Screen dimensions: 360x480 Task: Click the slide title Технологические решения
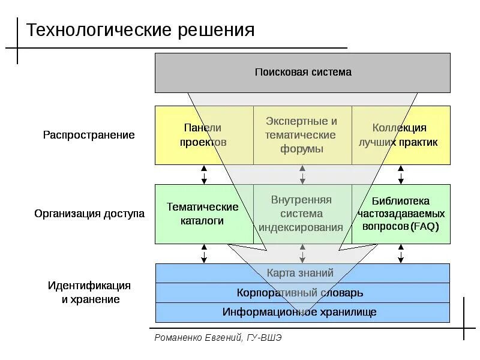140,30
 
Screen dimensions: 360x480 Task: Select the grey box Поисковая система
302,73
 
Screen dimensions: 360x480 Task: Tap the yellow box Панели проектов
203,135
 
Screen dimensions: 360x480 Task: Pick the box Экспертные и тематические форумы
302,135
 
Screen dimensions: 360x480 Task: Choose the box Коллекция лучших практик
400,135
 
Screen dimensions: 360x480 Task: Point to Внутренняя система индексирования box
302,214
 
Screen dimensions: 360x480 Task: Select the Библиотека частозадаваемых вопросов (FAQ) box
401,214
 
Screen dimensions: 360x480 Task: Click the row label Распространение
89,135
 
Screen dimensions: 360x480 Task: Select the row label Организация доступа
89,214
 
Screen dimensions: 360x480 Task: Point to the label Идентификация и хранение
89,292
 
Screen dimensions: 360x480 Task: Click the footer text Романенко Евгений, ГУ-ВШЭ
218,338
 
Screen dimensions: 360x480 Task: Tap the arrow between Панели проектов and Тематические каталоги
204,175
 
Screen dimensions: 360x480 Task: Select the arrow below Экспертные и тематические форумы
302,175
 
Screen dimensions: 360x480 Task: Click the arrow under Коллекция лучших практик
401,175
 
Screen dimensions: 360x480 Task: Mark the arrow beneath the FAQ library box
401,254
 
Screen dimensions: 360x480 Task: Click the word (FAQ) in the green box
425,227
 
